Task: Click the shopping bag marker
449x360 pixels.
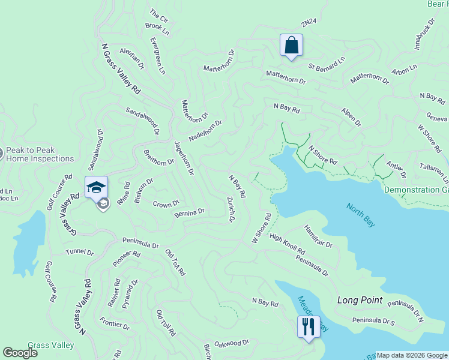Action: pyautogui.click(x=291, y=45)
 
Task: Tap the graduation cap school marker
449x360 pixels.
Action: pyautogui.click(x=96, y=187)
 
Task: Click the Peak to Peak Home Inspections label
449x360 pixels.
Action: pyautogui.click(x=39, y=155)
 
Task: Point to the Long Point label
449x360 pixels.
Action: pyautogui.click(x=360, y=300)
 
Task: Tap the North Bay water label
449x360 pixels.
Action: pyautogui.click(x=360, y=215)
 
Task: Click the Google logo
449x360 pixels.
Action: pyautogui.click(x=20, y=353)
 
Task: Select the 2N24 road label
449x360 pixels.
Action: pyautogui.click(x=309, y=22)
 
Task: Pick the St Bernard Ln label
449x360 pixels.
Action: pyautogui.click(x=327, y=61)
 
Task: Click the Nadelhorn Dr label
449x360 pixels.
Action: pyautogui.click(x=205, y=130)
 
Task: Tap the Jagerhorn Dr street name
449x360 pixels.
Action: pyautogui.click(x=184, y=158)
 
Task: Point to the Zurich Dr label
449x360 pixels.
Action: pyautogui.click(x=230, y=209)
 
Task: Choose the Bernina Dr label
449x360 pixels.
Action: pyautogui.click(x=190, y=212)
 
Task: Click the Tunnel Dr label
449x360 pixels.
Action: pyautogui.click(x=80, y=252)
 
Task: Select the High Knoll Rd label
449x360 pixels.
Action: pyautogui.click(x=288, y=244)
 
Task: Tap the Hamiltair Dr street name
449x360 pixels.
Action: pyautogui.click(x=318, y=237)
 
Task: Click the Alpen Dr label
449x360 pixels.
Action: pyautogui.click(x=351, y=117)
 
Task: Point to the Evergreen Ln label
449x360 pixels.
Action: pyautogui.click(x=157, y=56)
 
